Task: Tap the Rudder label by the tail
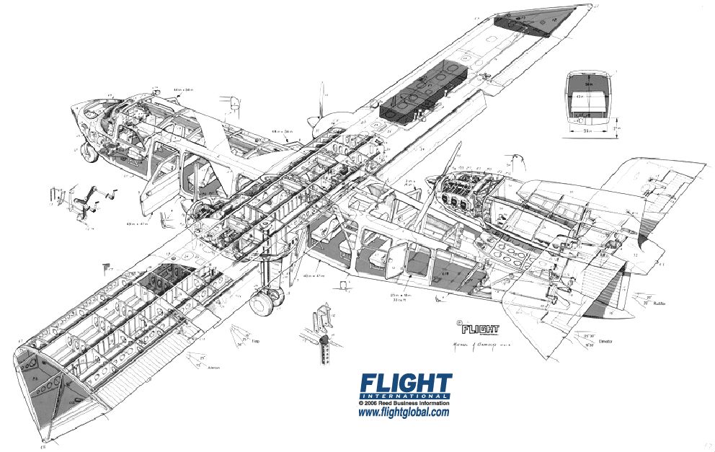658,303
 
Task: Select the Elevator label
605,341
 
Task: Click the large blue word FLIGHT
406,383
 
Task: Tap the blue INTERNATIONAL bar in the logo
406,396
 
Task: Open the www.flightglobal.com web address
404,413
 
